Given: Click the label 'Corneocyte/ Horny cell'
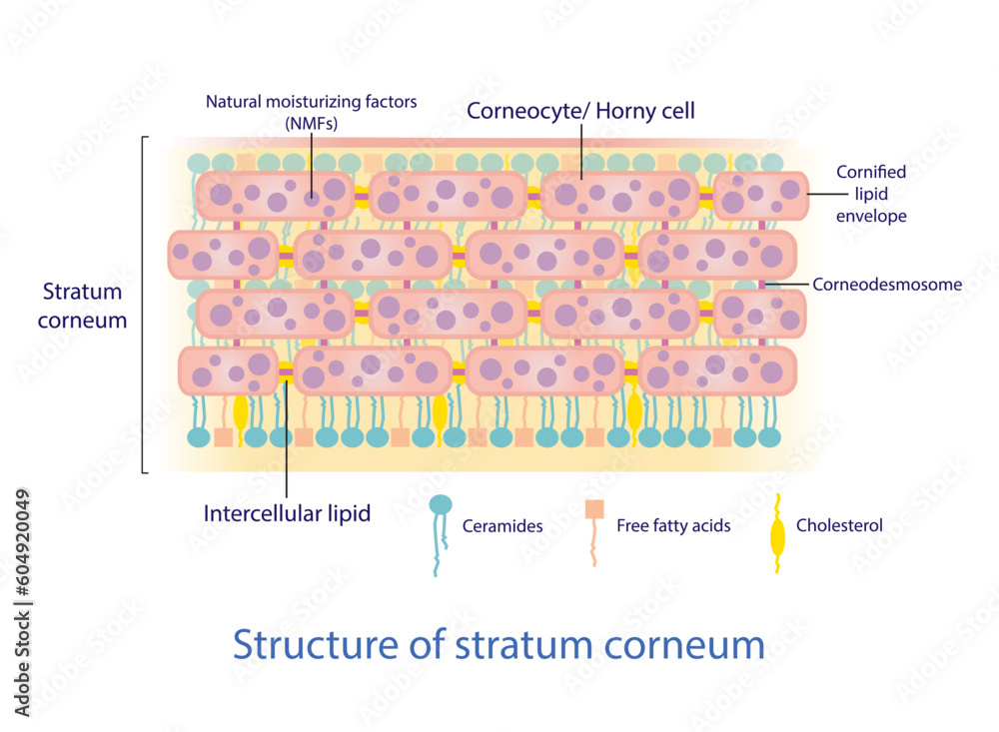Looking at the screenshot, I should pyautogui.click(x=580, y=111).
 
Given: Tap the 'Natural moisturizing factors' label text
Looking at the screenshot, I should pyautogui.click(x=311, y=101).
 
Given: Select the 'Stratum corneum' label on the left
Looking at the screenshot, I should pyautogui.click(x=84, y=306).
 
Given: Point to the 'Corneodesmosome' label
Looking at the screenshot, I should pyautogui.click(x=887, y=284).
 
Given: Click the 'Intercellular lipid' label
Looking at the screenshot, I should pyautogui.click(x=287, y=514).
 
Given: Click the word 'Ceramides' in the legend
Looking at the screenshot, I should pyautogui.click(x=502, y=525).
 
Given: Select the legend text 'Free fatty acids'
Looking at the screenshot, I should pyautogui.click(x=673, y=525).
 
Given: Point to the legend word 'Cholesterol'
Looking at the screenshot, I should pyautogui.click(x=839, y=525).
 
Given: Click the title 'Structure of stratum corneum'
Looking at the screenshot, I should pyautogui.click(x=499, y=644).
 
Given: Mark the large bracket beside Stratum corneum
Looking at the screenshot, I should pyautogui.click(x=145, y=305).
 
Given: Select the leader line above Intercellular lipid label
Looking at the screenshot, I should pyautogui.click(x=287, y=439).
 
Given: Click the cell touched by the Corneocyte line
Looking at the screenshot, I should pyautogui.click(x=617, y=194).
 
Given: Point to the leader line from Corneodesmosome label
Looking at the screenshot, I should pyautogui.click(x=785, y=285).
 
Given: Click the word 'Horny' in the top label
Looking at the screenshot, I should pyautogui.click(x=627, y=111).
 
